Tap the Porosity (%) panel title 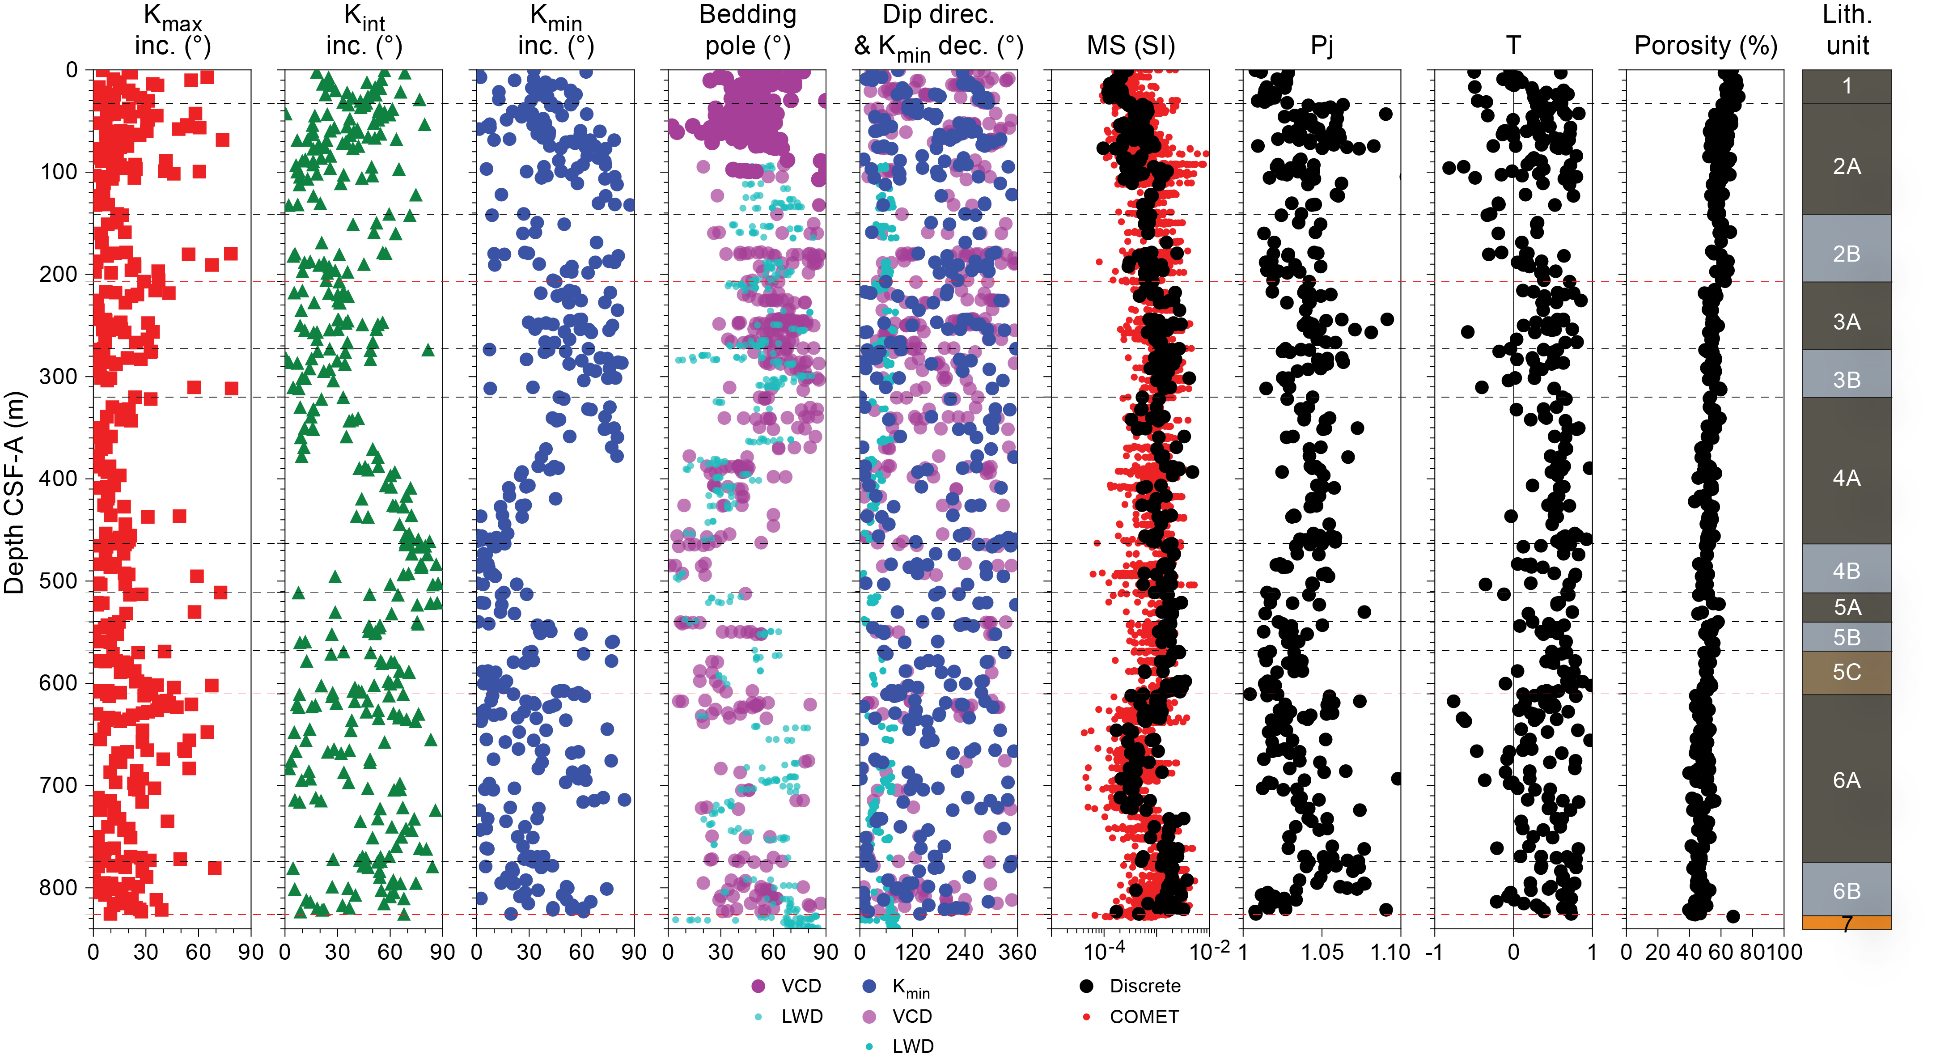click(1705, 46)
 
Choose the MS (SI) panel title click(1131, 46)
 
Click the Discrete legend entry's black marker click(1086, 986)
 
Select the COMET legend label click(1144, 1017)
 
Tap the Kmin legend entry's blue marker click(869, 986)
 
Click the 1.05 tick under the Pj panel click(1322, 952)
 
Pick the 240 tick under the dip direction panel click(964, 952)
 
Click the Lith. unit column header click(1847, 30)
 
